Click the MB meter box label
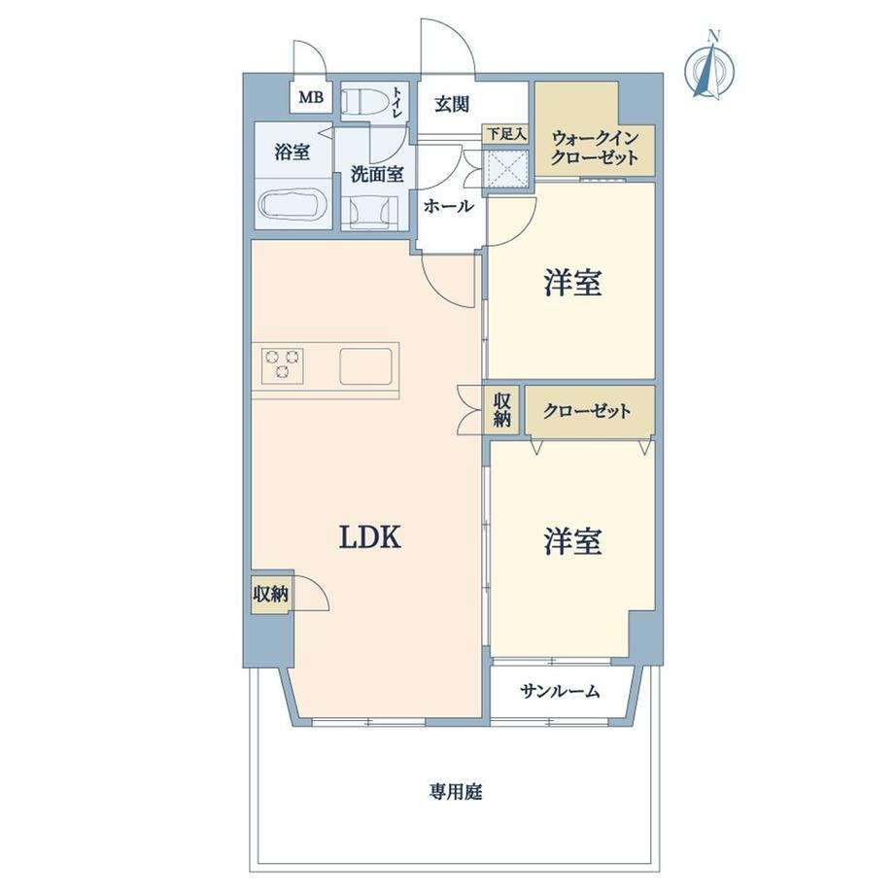click(x=311, y=97)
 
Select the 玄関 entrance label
click(x=452, y=104)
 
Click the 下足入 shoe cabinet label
click(x=505, y=134)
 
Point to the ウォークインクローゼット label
click(x=594, y=148)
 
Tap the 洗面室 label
click(x=377, y=174)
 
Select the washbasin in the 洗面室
click(x=374, y=212)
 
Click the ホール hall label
click(x=449, y=206)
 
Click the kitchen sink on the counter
click(x=366, y=366)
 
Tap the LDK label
click(x=370, y=537)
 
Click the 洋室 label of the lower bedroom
click(x=572, y=541)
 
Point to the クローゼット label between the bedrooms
click(x=587, y=411)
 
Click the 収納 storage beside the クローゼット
click(x=501, y=410)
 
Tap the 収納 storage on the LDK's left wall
click(x=271, y=595)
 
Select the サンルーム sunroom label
click(x=560, y=692)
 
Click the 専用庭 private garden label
click(x=456, y=792)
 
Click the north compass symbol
click(x=708, y=67)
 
